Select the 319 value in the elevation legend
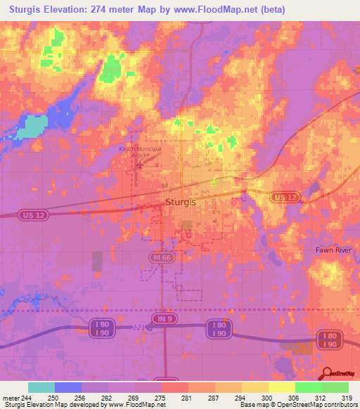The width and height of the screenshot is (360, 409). pyautogui.click(x=347, y=397)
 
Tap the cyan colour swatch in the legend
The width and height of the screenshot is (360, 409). pyautogui.click(x=41, y=387)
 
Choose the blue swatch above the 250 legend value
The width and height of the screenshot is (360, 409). pyautogui.click(x=68, y=387)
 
